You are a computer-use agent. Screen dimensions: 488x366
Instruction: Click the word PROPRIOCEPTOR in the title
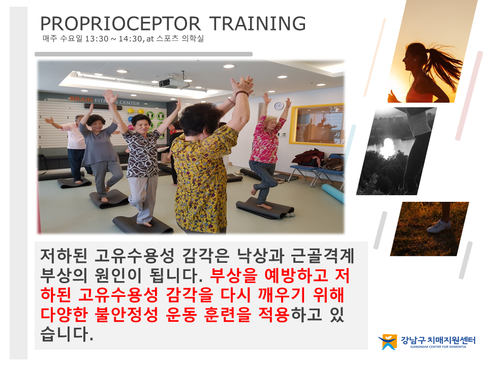pyautogui.click(x=120, y=24)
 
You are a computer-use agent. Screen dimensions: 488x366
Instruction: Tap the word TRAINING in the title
pyautogui.click(x=257, y=24)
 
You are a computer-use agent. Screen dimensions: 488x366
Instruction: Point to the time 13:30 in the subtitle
pyautogui.click(x=97, y=39)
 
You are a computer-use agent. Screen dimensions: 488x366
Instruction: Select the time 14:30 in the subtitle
pyautogui.click(x=130, y=39)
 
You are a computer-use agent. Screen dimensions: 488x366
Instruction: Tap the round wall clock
pyautogui.click(x=279, y=106)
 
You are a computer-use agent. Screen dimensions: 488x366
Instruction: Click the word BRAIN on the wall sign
pyautogui.click(x=81, y=100)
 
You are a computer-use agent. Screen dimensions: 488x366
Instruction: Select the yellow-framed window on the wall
pyautogui.click(x=317, y=125)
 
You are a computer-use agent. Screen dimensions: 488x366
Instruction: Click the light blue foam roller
pyautogui.click(x=333, y=193)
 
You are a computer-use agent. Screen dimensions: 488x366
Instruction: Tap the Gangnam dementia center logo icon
pyautogui.click(x=388, y=342)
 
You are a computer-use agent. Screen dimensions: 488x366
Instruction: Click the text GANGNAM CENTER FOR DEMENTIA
pyautogui.click(x=438, y=347)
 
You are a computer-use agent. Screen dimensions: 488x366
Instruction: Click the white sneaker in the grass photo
pyautogui.click(x=439, y=226)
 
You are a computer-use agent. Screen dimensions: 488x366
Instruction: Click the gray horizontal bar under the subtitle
pyautogui.click(x=143, y=54)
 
